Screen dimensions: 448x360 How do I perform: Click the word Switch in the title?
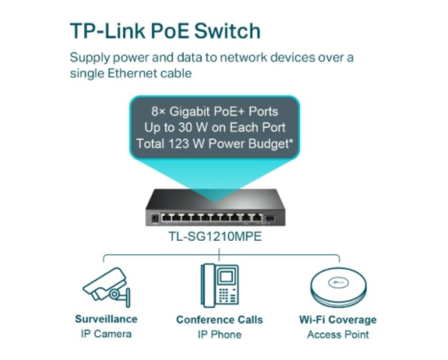[x=227, y=31]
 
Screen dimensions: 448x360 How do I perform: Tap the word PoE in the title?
[x=170, y=31]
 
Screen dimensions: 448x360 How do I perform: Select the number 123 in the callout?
[x=178, y=143]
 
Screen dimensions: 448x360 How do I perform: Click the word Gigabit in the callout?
[x=190, y=112]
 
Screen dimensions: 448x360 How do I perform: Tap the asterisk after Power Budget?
[x=291, y=141]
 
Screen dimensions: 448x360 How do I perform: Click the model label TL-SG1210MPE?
[x=215, y=236]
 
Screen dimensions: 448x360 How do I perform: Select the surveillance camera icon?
[x=106, y=286]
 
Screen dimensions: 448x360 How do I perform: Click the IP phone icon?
[x=219, y=286]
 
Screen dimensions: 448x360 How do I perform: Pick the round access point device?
[x=338, y=287]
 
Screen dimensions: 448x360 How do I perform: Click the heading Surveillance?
[x=106, y=319]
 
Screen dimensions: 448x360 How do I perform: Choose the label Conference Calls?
[x=219, y=319]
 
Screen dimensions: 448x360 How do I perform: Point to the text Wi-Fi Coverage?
[x=338, y=320]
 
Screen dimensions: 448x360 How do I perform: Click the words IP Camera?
[x=106, y=334]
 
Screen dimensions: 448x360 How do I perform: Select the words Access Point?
[x=338, y=334]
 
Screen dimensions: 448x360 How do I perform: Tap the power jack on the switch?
[x=155, y=218]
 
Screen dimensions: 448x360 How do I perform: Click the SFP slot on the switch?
[x=270, y=219]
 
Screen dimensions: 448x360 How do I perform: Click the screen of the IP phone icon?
[x=225, y=277]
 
